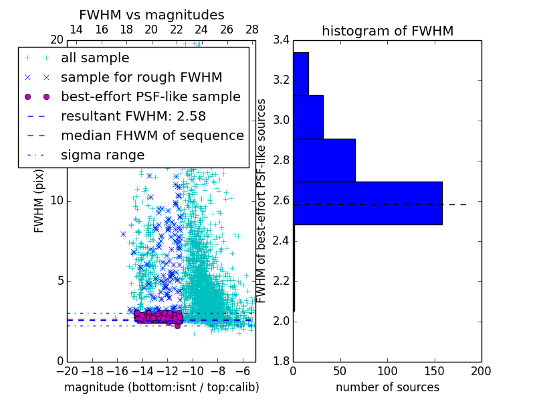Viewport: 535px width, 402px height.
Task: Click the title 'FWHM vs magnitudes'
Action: point(151,15)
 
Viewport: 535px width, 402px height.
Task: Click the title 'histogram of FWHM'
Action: point(387,31)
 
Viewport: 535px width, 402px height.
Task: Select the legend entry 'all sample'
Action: point(95,58)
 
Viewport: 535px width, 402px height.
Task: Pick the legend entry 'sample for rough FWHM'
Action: point(141,78)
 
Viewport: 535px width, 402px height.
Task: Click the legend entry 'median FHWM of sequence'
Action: point(152,136)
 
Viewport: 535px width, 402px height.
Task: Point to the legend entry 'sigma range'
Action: point(102,155)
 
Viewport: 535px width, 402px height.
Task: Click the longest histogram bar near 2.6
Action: point(367,203)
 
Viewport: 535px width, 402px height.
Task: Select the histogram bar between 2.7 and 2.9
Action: point(324,160)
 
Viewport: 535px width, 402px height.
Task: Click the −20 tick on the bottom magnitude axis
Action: point(67,371)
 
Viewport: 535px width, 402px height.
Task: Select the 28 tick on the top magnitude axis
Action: point(252,29)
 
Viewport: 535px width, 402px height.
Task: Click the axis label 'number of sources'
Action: point(387,387)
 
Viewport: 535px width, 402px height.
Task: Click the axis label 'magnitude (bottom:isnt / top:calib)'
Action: point(161,387)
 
